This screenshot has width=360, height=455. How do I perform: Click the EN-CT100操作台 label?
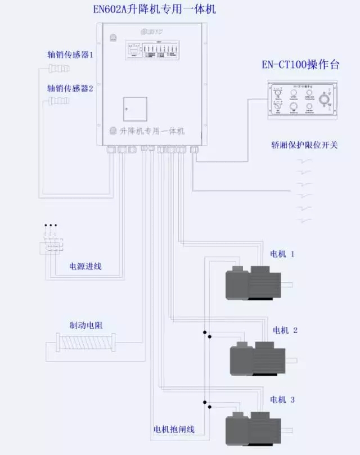click(301, 65)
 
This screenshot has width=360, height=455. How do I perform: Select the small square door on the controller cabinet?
click(135, 109)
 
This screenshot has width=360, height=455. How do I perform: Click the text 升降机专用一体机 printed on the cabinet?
click(152, 131)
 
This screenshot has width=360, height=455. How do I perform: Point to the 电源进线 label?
click(85, 265)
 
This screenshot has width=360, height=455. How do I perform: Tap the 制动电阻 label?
click(86, 325)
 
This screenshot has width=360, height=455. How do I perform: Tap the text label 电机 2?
click(285, 330)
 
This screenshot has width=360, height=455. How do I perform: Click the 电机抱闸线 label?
click(174, 429)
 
